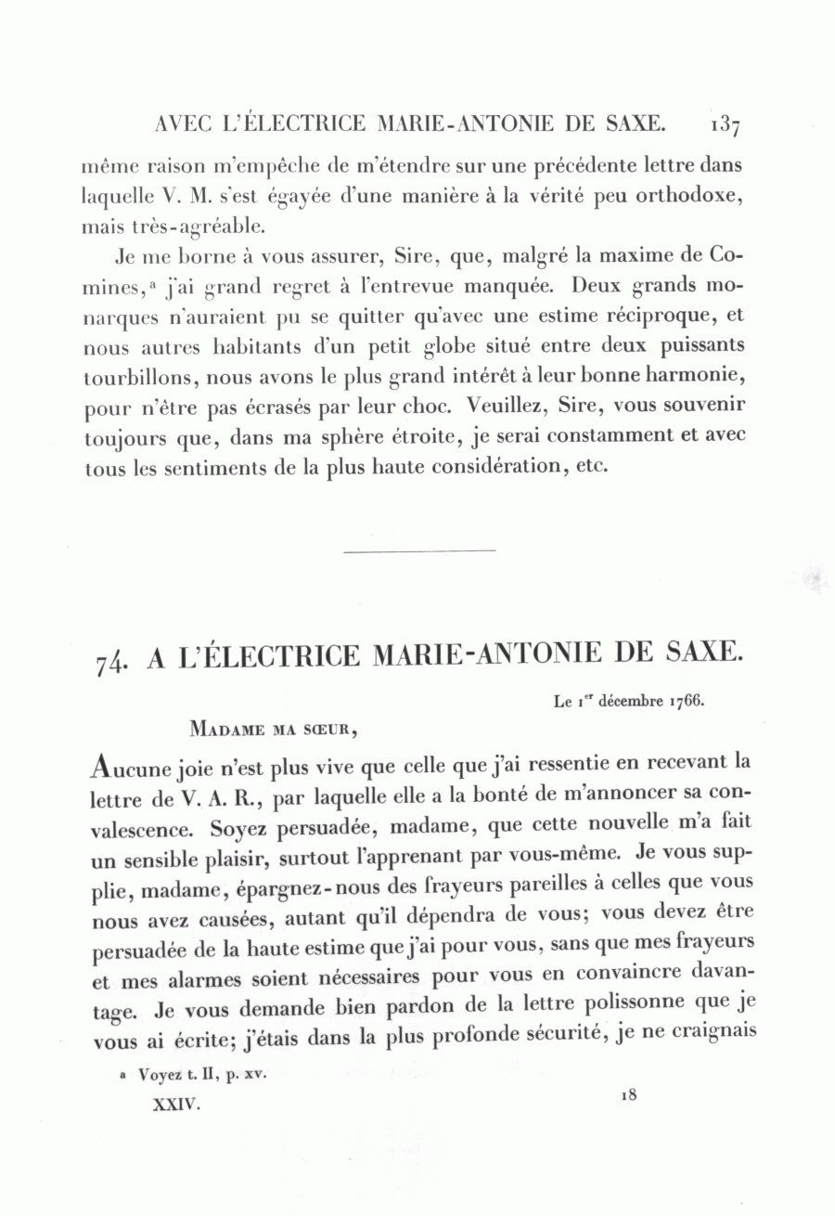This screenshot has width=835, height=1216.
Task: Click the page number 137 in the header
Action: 724,123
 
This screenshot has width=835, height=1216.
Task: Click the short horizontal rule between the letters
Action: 419,552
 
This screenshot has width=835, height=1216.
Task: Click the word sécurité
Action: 559,1033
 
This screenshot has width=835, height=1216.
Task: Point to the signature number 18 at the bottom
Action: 628,1094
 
